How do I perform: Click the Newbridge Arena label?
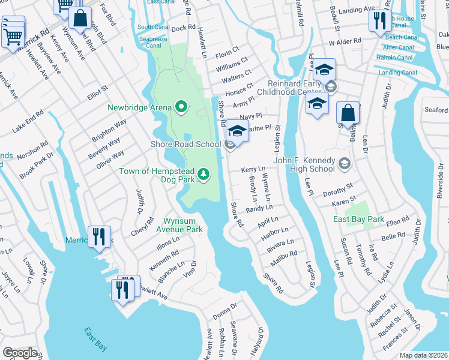point(140,108)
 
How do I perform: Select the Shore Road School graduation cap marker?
point(237,131)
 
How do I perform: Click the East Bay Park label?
point(359,220)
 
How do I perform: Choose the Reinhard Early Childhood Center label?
point(291,88)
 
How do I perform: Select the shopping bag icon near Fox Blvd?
point(79,18)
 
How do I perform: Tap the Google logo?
point(19,353)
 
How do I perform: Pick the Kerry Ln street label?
point(253,170)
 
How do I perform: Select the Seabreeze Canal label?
point(149,41)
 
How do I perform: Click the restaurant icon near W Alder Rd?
point(379,21)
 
